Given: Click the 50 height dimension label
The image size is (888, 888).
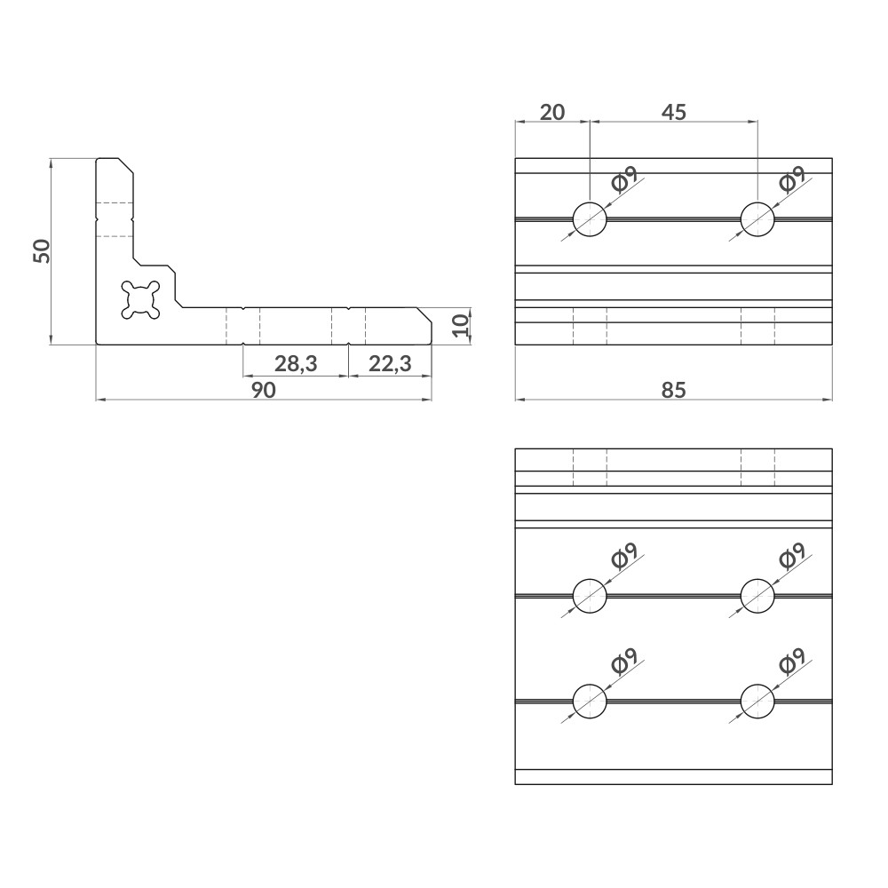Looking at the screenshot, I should pyautogui.click(x=41, y=251).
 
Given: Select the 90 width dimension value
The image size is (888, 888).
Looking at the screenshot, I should pyautogui.click(x=263, y=390).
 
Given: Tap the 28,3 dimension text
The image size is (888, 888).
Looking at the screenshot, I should pyautogui.click(x=296, y=363).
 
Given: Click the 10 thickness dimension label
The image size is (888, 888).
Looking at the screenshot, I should pyautogui.click(x=459, y=324).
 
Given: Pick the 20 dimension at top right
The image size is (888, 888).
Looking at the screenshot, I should pyautogui.click(x=552, y=112).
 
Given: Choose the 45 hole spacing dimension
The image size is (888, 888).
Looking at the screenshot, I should pyautogui.click(x=674, y=112).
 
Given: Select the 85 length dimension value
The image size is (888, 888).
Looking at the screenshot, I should pyautogui.click(x=674, y=390).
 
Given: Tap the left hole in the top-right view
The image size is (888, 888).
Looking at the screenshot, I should pyautogui.click(x=590, y=218).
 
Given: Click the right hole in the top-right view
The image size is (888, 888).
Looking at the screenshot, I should pyautogui.click(x=757, y=218).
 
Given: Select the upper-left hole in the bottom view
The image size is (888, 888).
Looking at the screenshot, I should pyautogui.click(x=590, y=595).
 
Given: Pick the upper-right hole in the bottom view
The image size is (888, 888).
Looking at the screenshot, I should pyautogui.click(x=757, y=595).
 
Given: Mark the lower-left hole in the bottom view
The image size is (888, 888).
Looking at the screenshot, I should pyautogui.click(x=590, y=701).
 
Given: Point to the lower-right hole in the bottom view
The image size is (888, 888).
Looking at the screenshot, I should pyautogui.click(x=757, y=701).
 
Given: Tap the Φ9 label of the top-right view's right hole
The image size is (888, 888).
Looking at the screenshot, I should pyautogui.click(x=791, y=179).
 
